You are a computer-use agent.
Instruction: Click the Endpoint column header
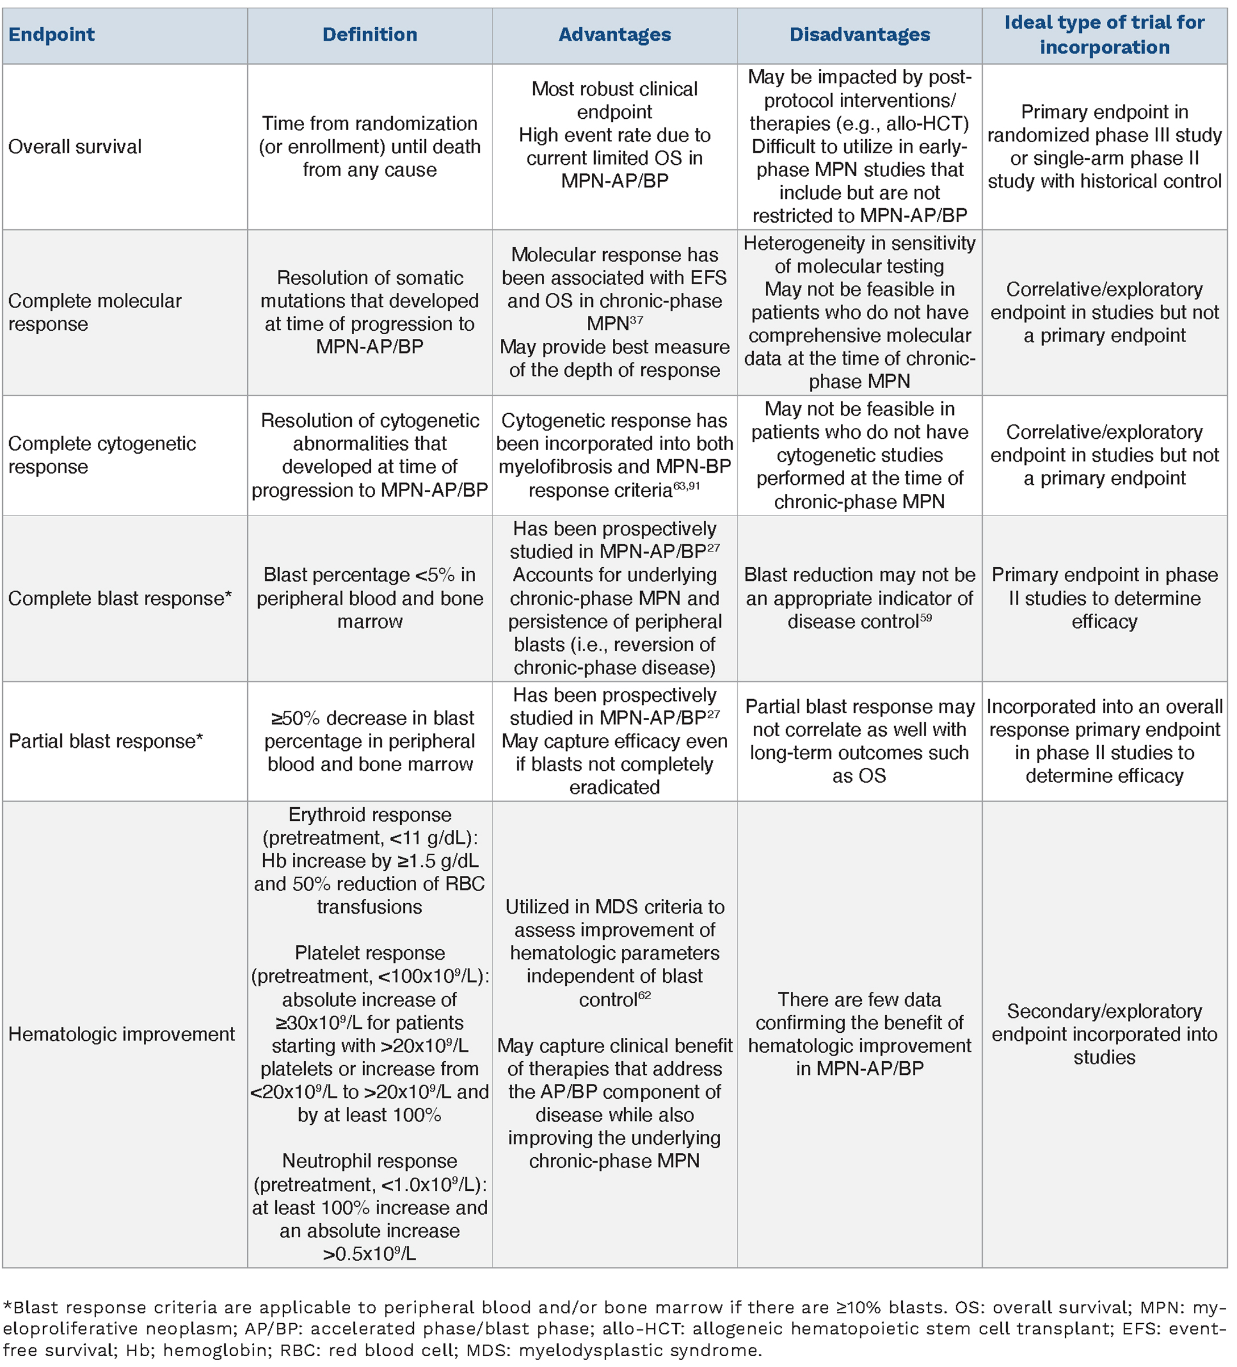(x=52, y=35)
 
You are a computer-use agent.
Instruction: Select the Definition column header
(x=370, y=35)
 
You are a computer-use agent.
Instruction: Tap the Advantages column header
(x=615, y=35)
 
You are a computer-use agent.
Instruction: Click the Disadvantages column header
(x=860, y=35)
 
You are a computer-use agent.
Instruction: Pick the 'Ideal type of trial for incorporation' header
(x=1104, y=35)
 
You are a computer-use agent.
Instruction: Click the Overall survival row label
(x=75, y=147)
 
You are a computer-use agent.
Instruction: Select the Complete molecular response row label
(x=94, y=312)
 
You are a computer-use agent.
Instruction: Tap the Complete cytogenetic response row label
(x=102, y=455)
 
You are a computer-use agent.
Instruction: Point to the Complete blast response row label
(x=120, y=598)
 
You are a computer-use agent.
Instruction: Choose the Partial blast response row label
(x=106, y=741)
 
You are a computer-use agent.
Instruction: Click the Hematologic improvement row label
(x=122, y=1034)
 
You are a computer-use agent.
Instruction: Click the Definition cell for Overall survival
(x=370, y=147)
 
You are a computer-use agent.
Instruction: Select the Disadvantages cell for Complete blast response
(x=860, y=598)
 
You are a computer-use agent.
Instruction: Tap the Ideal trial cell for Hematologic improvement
(x=1104, y=1034)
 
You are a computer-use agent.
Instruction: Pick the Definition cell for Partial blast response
(x=370, y=741)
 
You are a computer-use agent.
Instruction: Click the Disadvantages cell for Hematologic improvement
(x=860, y=1034)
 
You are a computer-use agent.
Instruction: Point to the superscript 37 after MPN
(x=636, y=319)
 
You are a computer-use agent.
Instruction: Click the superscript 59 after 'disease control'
(x=925, y=618)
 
